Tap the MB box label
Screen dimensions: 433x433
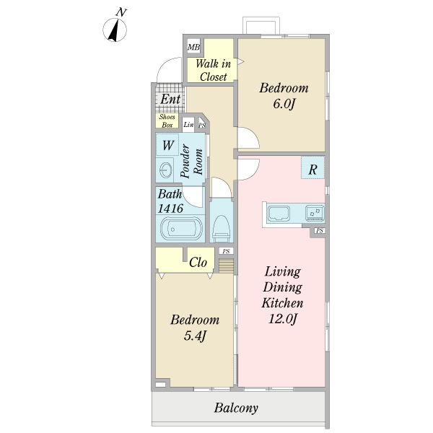194,47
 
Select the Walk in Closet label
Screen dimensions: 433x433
213,71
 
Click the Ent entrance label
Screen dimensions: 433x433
170,99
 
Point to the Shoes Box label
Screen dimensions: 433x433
167,121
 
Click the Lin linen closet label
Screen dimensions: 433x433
188,125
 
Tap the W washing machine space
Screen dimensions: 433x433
167,145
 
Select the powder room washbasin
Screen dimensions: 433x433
166,170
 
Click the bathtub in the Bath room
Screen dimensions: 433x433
181,229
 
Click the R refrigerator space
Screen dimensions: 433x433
312,167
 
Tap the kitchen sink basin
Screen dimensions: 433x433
279,213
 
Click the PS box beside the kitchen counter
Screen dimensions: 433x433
319,231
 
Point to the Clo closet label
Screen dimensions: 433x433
198,262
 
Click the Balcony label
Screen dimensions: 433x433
237,408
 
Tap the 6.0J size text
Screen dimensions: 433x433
284,104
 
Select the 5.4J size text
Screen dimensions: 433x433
195,336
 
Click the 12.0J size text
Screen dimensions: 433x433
282,319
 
